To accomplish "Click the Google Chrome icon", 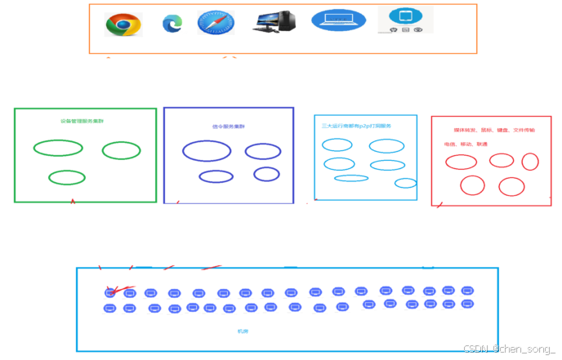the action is tap(123, 24).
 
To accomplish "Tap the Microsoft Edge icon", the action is tap(172, 24).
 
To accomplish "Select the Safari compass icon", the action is tap(216, 23).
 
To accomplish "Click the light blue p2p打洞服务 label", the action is tap(357, 127).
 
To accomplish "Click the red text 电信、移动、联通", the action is tap(466, 144).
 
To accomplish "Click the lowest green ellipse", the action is tap(67, 177).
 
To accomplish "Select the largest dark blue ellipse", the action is tap(207, 150).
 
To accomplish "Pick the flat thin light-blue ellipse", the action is tap(351, 178).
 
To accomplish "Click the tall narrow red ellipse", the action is tap(530, 162).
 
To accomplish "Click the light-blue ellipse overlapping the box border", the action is tap(406, 183).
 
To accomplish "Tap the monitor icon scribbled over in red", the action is tap(110, 293).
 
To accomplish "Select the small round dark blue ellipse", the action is tap(266, 174).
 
